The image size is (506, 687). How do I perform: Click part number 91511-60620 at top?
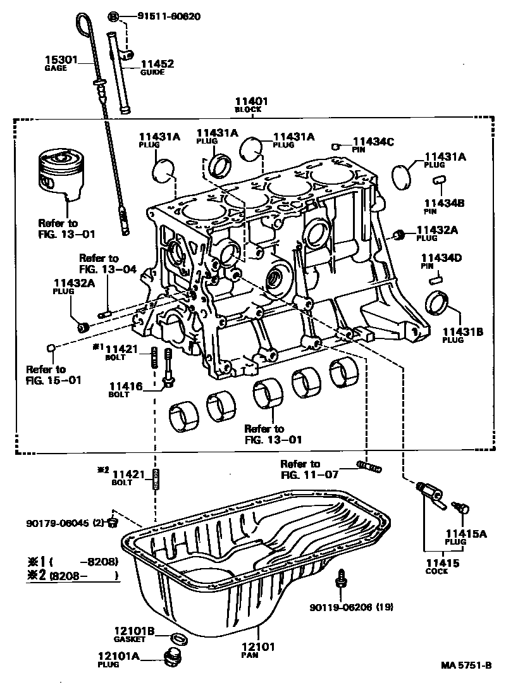coord(169,16)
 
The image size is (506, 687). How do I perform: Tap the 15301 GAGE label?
coord(60,63)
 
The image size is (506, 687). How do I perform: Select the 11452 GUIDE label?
coord(157,67)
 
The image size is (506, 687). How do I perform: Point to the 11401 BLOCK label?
coord(252,104)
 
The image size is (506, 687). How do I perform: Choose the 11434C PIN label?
coord(373,145)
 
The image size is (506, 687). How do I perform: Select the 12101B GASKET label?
coord(134,633)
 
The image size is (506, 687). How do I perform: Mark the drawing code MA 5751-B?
coord(467,666)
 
